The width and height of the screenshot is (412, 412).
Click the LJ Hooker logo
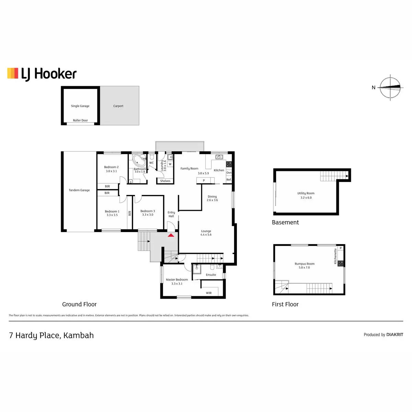click(42, 74)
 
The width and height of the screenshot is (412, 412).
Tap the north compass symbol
click(390, 87)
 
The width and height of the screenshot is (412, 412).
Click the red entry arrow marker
click(171, 235)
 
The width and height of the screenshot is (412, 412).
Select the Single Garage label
click(80, 106)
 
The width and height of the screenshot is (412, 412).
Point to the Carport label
click(118, 106)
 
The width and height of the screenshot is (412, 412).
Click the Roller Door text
click(80, 121)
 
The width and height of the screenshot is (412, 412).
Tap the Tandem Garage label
click(79, 190)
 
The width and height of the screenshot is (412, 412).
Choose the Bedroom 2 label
click(111, 167)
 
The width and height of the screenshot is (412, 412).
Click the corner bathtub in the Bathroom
click(139, 160)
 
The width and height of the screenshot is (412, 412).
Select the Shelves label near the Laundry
click(165, 181)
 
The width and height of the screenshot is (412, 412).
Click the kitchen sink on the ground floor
click(219, 157)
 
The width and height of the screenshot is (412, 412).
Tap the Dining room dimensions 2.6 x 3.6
click(212, 200)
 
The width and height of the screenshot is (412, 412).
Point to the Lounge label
click(206, 231)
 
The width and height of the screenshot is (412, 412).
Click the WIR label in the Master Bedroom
click(209, 293)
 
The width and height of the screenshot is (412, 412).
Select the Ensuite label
click(211, 275)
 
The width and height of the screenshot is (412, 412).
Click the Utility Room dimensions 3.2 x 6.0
click(306, 198)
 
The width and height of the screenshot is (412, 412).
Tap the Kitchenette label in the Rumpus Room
click(336, 256)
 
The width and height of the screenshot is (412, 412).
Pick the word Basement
click(285, 222)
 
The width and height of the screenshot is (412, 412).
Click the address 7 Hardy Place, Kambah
click(51, 335)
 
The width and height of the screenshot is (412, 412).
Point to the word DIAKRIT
click(395, 335)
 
